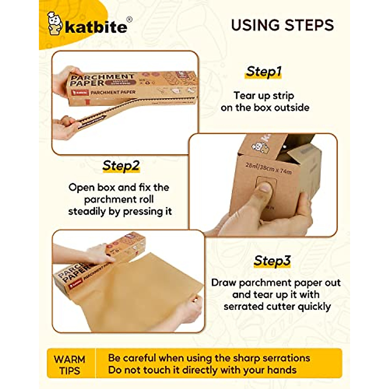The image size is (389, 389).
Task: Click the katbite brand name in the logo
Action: click(96, 27)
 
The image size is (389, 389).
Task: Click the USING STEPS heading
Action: click(282, 25)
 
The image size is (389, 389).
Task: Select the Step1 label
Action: click(263, 71)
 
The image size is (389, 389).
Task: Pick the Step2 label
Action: click(121, 166)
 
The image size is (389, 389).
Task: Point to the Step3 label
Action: click(272, 261)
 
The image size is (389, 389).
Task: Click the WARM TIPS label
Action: click(70, 364)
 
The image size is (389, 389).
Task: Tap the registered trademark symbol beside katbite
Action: click(129, 19)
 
